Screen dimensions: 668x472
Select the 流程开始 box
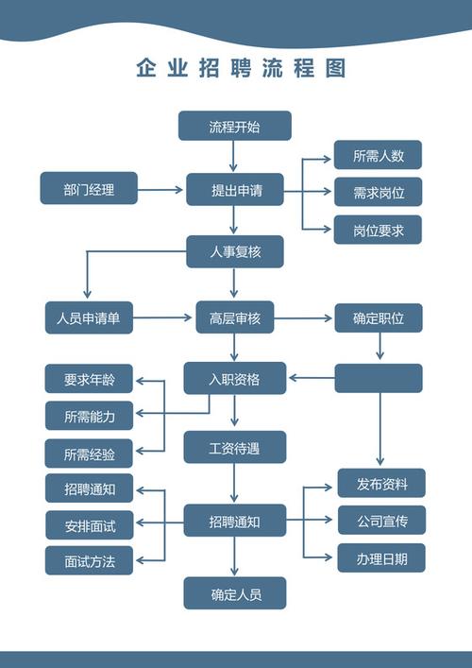(x=234, y=126)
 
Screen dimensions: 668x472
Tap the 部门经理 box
(x=89, y=189)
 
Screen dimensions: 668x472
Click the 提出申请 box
(x=234, y=189)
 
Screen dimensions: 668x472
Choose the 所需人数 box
(x=378, y=156)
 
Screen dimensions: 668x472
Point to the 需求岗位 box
(x=378, y=193)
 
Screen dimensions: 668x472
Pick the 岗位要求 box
(x=378, y=230)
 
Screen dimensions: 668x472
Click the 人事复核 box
(x=234, y=251)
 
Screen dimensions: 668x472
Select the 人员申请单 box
(x=89, y=318)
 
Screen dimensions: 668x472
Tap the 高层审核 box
(x=234, y=318)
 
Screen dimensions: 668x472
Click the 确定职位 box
(x=378, y=318)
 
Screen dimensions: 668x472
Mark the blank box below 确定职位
(x=378, y=378)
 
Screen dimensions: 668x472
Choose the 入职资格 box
(x=234, y=379)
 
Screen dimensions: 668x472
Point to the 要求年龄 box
(x=89, y=379)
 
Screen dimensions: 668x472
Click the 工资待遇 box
(x=234, y=447)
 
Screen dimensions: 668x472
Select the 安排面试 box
(x=89, y=524)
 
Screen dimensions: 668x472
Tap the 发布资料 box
(x=381, y=484)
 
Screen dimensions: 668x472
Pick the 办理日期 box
(x=381, y=557)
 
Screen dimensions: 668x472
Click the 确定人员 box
(x=234, y=593)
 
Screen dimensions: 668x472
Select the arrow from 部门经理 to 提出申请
(x=160, y=189)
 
